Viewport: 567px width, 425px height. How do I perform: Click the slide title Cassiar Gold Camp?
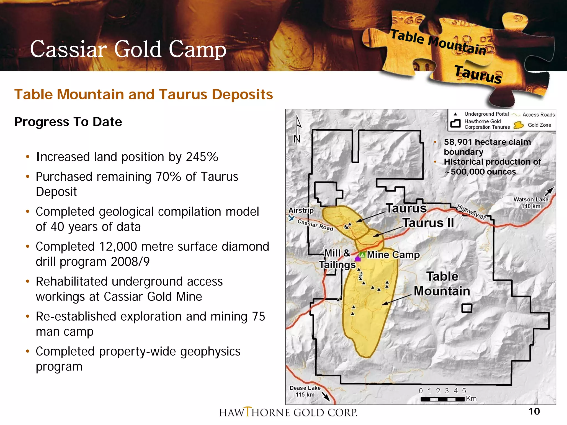pyautogui.click(x=128, y=49)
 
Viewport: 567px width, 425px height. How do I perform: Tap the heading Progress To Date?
pyautogui.click(x=68, y=122)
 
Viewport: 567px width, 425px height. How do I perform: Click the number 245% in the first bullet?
pyautogui.click(x=202, y=157)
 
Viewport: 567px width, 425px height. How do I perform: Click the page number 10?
pyautogui.click(x=534, y=411)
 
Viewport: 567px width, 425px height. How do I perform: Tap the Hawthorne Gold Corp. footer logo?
pyautogui.click(x=288, y=412)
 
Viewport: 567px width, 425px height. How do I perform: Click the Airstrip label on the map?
pyautogui.click(x=301, y=210)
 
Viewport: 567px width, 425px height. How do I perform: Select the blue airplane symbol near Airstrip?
pyautogui.click(x=291, y=218)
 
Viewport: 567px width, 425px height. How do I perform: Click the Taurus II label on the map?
pyautogui.click(x=428, y=223)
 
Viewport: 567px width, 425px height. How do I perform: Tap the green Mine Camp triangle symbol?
pyautogui.click(x=362, y=255)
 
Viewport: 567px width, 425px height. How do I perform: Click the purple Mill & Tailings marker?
pyautogui.click(x=358, y=259)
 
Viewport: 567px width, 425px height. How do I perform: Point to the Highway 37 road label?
pyautogui.click(x=471, y=212)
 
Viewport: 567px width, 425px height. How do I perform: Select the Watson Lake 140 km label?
pyautogui.click(x=530, y=203)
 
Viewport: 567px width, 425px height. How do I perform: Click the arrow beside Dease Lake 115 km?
pyautogui.click(x=326, y=397)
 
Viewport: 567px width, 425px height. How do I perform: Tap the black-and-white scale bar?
pyautogui.click(x=442, y=399)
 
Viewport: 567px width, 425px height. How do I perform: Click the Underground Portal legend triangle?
pyautogui.click(x=455, y=114)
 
